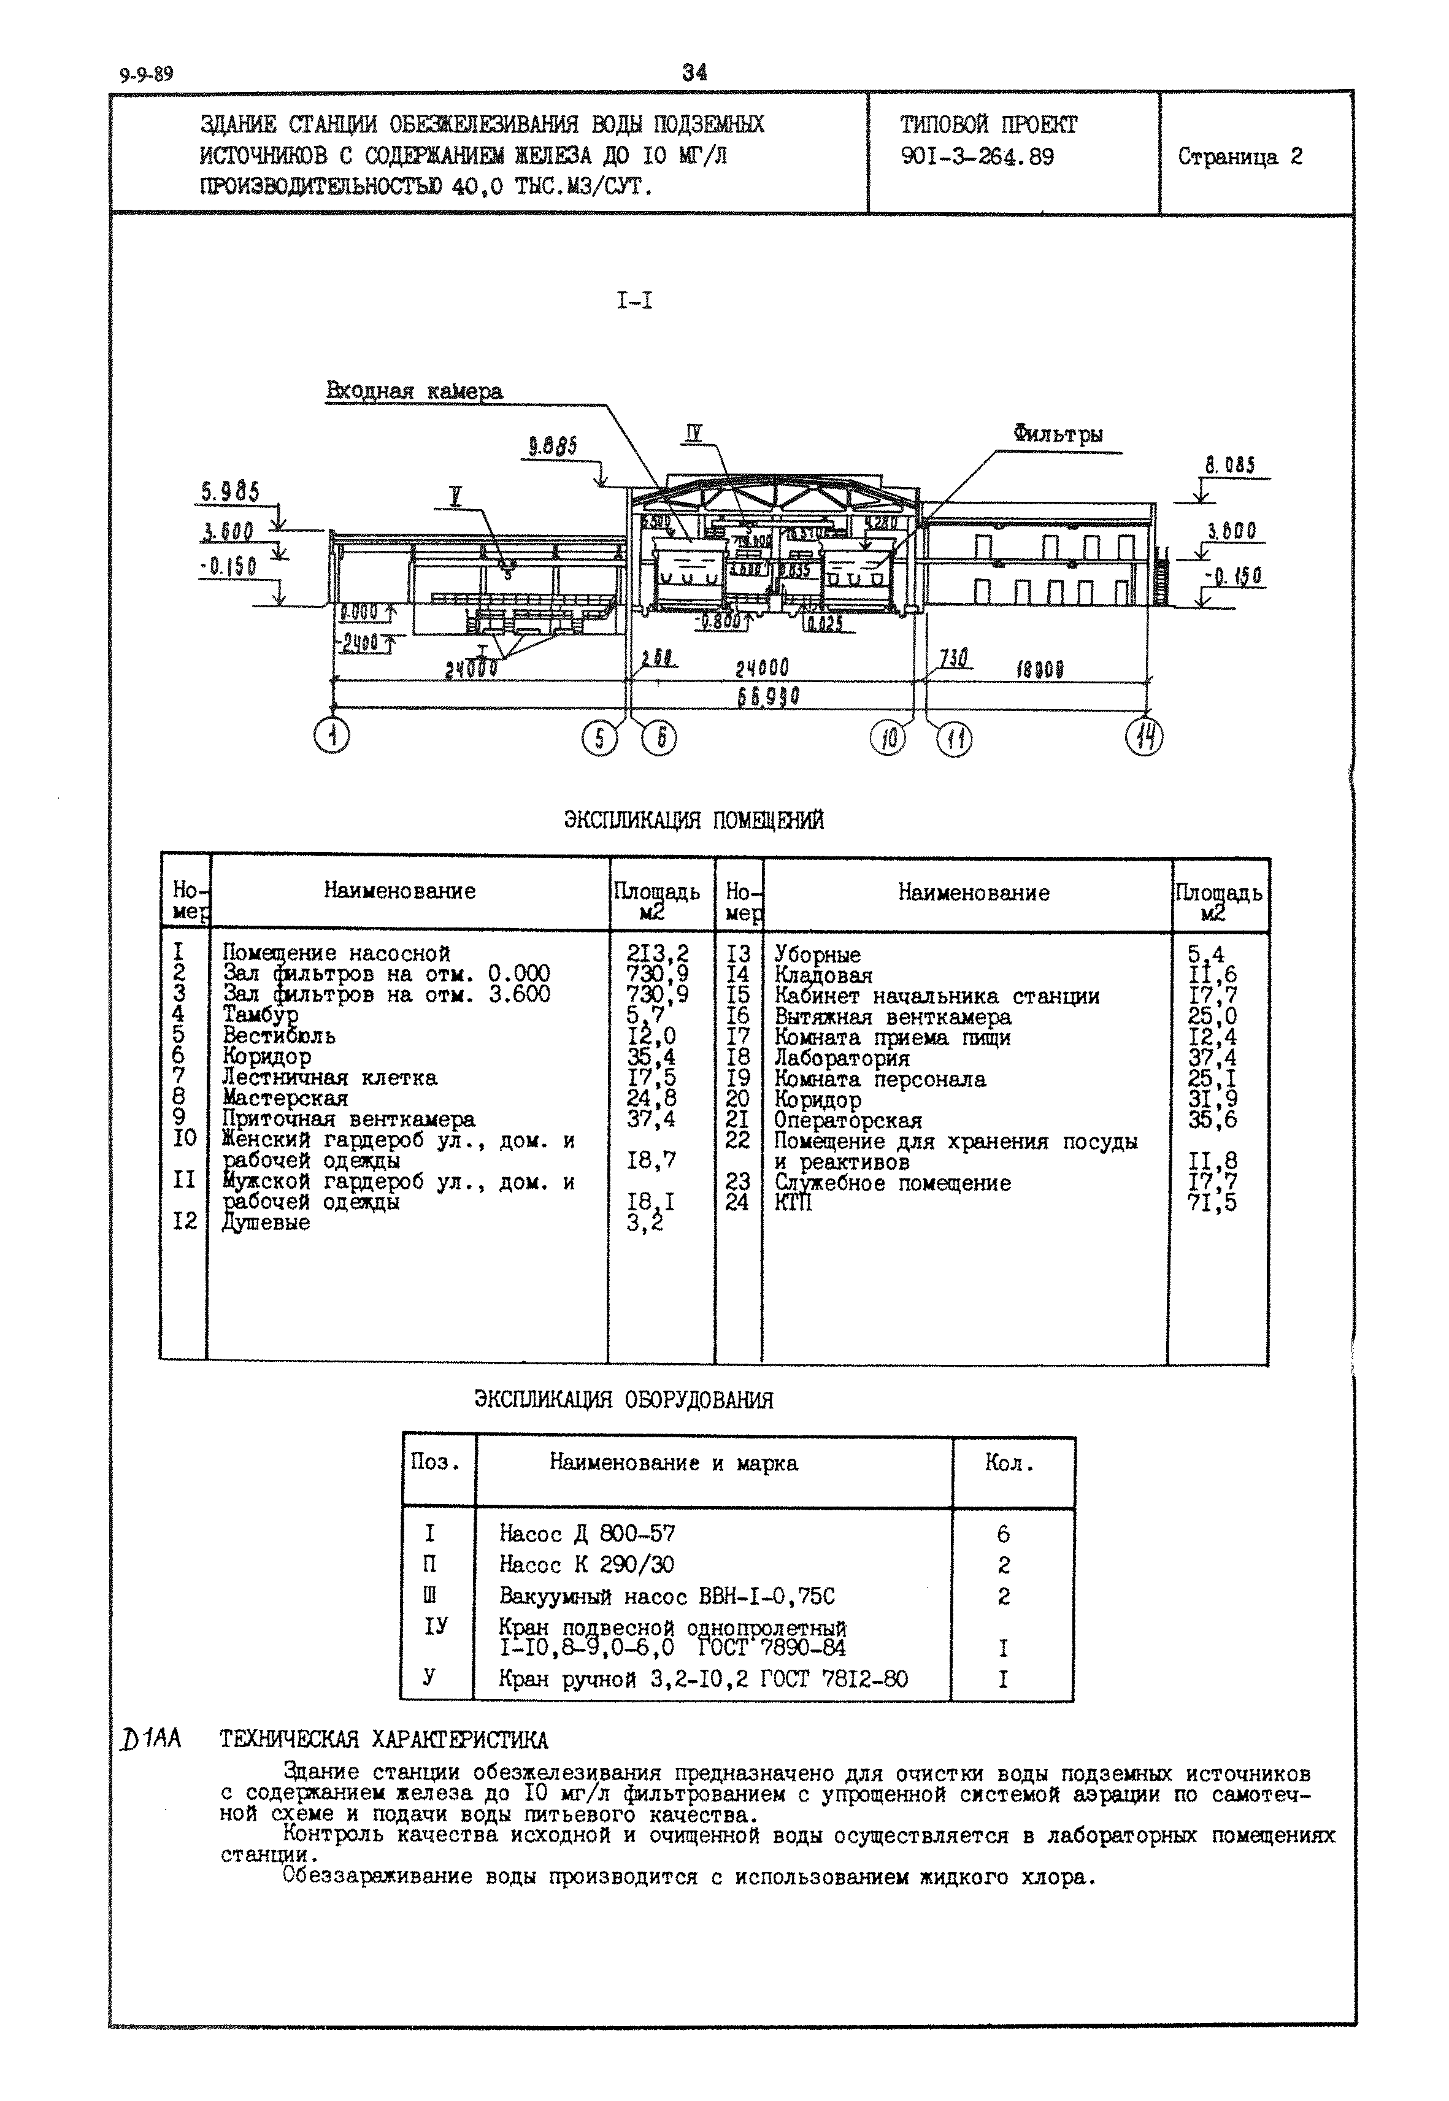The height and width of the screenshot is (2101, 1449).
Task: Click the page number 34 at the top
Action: (694, 72)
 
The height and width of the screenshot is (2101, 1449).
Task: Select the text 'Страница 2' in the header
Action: (1240, 157)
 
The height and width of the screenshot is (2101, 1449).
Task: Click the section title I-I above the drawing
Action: (634, 301)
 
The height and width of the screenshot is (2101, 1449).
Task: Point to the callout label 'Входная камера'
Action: (414, 391)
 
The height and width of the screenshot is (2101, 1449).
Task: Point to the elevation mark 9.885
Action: (553, 447)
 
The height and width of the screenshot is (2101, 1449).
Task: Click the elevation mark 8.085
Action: (1229, 466)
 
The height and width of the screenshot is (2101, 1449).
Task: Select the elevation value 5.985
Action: (229, 492)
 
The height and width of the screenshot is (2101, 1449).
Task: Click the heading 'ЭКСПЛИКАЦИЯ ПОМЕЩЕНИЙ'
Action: (694, 821)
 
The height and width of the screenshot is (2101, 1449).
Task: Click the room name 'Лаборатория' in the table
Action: (842, 1058)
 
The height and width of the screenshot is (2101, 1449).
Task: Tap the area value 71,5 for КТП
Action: (1212, 1203)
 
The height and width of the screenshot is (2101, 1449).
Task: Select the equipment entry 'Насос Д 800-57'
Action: (586, 1534)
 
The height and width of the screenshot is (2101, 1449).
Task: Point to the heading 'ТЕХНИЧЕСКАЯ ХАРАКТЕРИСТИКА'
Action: (384, 1740)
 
